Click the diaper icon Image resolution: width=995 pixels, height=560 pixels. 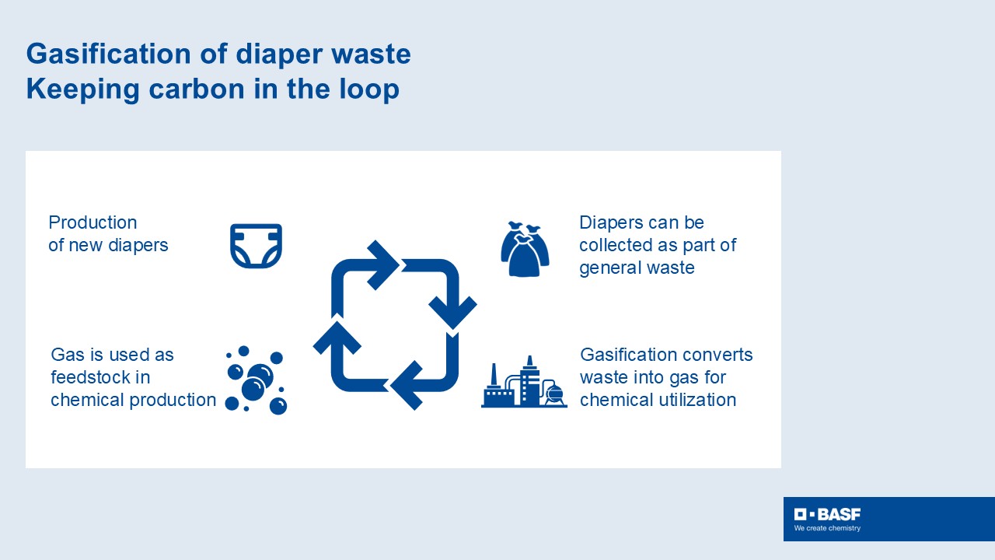pos(256,246)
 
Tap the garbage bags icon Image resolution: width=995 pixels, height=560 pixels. pos(525,250)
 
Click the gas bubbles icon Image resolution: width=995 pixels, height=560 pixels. pos(256,380)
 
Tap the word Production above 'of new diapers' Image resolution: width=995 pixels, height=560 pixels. pos(93,222)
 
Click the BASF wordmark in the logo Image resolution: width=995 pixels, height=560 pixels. pos(838,514)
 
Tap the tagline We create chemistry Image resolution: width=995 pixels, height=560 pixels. pos(827,528)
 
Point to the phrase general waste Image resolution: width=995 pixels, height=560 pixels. pos(637,268)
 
